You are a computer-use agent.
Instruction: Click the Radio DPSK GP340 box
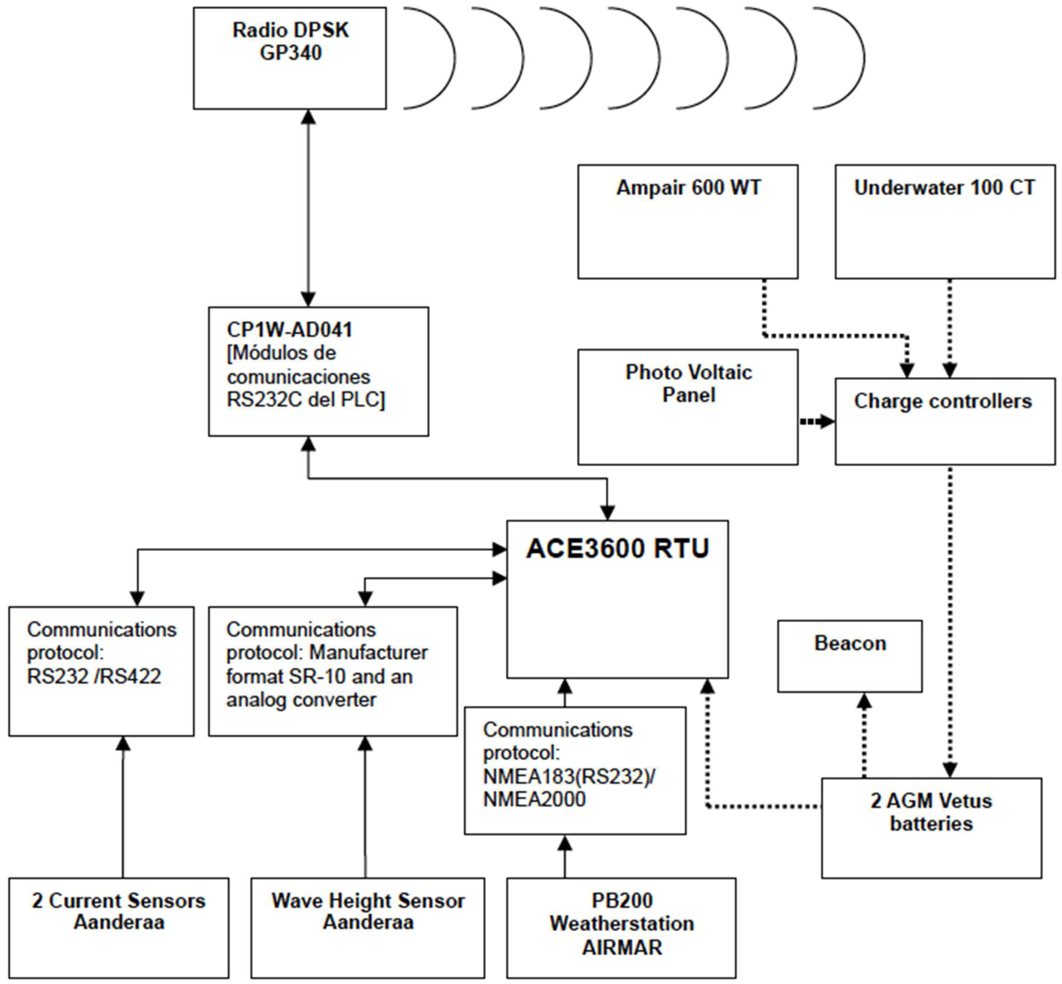point(290,58)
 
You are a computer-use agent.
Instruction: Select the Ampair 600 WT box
point(688,222)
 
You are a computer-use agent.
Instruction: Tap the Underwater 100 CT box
point(945,222)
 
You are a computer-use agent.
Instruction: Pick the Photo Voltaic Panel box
point(688,407)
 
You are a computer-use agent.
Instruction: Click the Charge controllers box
point(945,421)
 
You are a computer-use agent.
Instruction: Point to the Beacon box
point(850,656)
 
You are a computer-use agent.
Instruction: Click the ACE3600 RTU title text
point(617,548)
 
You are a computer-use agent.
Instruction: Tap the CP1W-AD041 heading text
point(289,329)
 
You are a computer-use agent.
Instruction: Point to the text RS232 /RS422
point(94,676)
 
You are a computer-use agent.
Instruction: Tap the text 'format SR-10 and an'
point(319,676)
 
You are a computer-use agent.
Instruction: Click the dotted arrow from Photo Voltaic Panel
point(817,421)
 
